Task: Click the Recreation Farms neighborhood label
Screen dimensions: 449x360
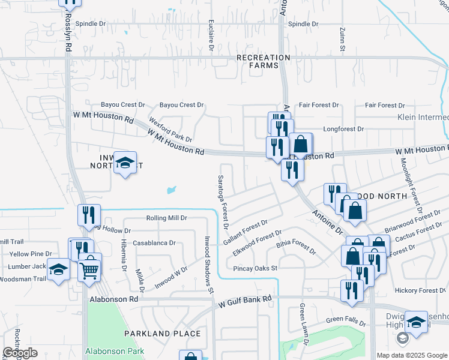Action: (x=263, y=61)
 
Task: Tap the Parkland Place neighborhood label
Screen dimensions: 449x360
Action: (x=162, y=333)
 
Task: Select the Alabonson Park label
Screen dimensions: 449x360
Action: (x=113, y=350)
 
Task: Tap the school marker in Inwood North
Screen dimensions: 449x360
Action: (x=125, y=163)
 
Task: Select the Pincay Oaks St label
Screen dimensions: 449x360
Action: (x=255, y=268)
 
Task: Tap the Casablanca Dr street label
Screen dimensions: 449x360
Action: (x=154, y=243)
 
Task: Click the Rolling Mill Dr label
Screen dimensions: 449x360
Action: (x=167, y=218)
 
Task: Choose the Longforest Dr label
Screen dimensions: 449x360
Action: (x=343, y=128)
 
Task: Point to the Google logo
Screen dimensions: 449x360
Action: (x=20, y=353)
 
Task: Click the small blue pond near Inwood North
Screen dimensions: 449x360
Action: (x=172, y=191)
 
